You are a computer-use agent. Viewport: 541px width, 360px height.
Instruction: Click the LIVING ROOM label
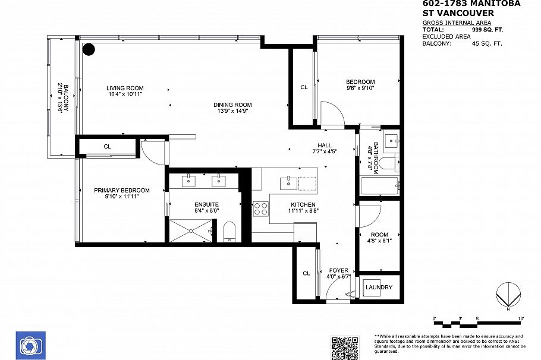coord(125,88)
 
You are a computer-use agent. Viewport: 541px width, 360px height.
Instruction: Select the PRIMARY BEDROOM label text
coord(122,191)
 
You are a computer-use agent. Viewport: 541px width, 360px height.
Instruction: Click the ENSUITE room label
coord(207,204)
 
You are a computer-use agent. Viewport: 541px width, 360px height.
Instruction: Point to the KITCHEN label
coord(302,204)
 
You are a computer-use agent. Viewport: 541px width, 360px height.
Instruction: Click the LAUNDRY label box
coord(379,288)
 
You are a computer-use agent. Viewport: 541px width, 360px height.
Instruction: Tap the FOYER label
coord(339,271)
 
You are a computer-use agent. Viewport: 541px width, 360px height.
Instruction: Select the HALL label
coord(325,146)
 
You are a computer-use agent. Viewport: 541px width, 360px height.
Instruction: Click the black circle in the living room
coord(89,50)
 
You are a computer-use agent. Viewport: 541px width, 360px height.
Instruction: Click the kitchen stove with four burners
coord(261,209)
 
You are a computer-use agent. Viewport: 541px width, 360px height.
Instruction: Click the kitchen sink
coord(289,182)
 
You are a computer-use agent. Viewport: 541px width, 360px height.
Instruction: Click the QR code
coord(345,347)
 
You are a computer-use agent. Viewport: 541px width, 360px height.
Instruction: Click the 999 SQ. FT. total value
coord(487,29)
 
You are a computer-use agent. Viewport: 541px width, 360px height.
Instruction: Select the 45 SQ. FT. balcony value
coord(487,43)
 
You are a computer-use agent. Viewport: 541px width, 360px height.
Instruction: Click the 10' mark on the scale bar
coord(521,319)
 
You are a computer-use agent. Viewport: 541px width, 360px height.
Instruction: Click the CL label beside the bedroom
coord(304,87)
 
